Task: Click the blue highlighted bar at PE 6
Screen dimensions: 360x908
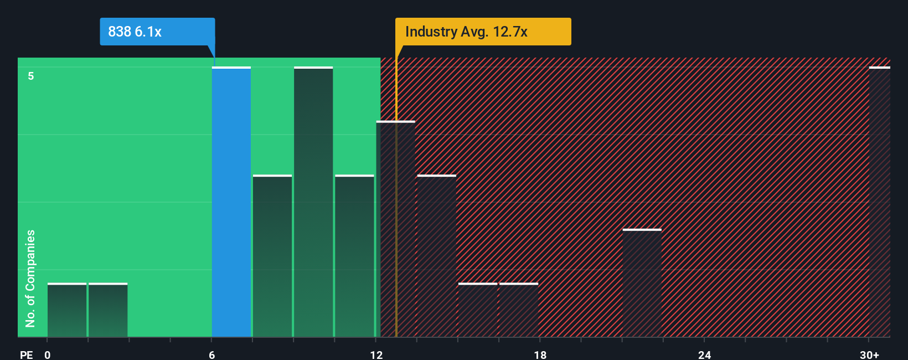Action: coord(231,202)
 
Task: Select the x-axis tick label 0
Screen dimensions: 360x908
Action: coord(48,354)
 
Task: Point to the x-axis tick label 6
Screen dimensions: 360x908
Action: coord(212,354)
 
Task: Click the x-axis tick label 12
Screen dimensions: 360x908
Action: coord(376,354)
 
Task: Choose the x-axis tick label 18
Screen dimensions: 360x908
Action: coord(540,354)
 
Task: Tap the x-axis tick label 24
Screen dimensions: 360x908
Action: coord(704,354)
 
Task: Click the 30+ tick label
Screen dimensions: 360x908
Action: coord(869,354)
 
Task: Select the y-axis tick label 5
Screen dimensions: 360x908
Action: coord(31,76)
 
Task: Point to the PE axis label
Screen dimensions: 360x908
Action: coord(26,354)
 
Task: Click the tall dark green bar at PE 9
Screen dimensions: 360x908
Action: coord(313,202)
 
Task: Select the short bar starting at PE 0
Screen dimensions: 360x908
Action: coord(67,310)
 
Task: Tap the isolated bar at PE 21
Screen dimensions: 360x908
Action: coord(642,283)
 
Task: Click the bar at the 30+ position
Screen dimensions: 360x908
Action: coord(879,202)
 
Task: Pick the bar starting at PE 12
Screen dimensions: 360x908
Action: coord(395,229)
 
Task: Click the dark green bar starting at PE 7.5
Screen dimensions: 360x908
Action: coord(272,256)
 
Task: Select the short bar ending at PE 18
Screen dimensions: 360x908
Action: coord(519,310)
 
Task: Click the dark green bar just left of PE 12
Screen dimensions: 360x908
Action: coord(354,256)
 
